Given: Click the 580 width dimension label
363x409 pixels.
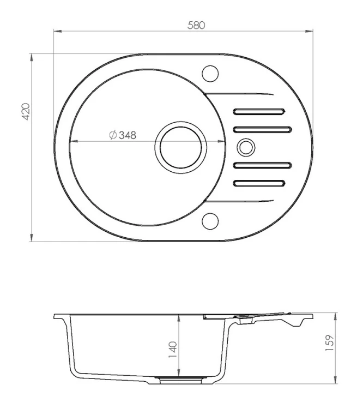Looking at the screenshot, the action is point(196,25).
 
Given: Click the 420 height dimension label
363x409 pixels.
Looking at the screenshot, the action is point(26,112).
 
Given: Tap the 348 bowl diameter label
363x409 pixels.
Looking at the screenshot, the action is point(127,135).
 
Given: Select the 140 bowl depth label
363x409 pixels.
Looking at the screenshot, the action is point(173,350).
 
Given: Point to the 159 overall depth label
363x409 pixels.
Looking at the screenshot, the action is point(330,342).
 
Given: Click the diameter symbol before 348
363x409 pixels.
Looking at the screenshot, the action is point(113,135).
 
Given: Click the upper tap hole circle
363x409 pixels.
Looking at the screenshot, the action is point(210,73).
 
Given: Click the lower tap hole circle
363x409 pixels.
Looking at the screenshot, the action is point(210,221).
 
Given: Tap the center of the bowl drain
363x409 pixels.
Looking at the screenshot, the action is point(181,147).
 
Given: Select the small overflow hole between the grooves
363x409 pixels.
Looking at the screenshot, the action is point(246,147).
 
